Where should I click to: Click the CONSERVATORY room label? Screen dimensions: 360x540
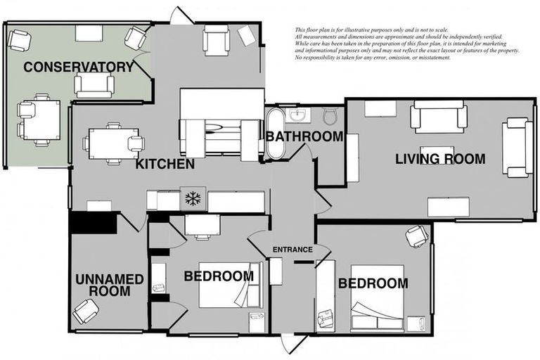(78, 67)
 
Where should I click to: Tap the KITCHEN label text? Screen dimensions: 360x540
(165, 165)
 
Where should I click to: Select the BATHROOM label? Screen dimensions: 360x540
(304, 136)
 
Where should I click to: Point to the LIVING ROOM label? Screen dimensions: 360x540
(439, 159)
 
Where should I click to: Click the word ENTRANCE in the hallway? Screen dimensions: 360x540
(292, 250)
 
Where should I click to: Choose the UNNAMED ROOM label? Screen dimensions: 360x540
(109, 285)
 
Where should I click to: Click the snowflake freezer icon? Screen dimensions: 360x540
(192, 199)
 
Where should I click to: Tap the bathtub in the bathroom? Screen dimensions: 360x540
(274, 134)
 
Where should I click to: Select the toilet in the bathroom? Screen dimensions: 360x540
(331, 115)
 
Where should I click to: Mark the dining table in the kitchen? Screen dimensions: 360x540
(112, 143)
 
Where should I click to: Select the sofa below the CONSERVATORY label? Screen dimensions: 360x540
(94, 86)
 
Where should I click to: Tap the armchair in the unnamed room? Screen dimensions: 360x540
(86, 310)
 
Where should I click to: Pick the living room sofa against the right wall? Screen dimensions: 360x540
(517, 147)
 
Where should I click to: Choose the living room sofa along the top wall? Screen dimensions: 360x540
(438, 116)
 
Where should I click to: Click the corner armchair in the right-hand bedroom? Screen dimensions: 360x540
(417, 236)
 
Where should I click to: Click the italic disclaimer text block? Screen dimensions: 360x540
(406, 44)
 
